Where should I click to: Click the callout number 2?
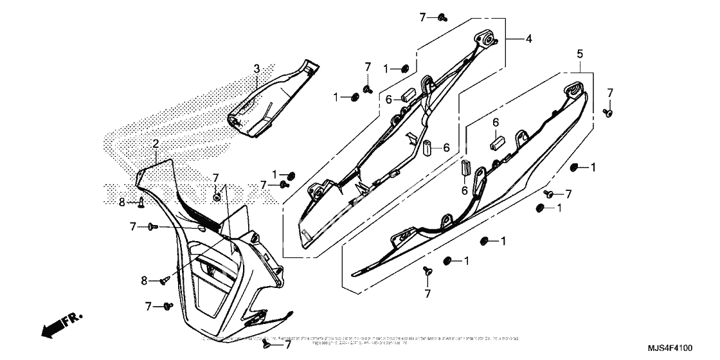point(155,143)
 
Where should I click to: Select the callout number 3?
point(256,68)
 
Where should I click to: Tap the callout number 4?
point(528,39)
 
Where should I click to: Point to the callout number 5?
point(579,54)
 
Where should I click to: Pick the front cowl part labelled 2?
point(212,270)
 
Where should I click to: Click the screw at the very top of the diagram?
point(443,17)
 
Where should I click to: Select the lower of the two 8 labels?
point(145,280)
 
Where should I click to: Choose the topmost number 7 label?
point(422,17)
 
